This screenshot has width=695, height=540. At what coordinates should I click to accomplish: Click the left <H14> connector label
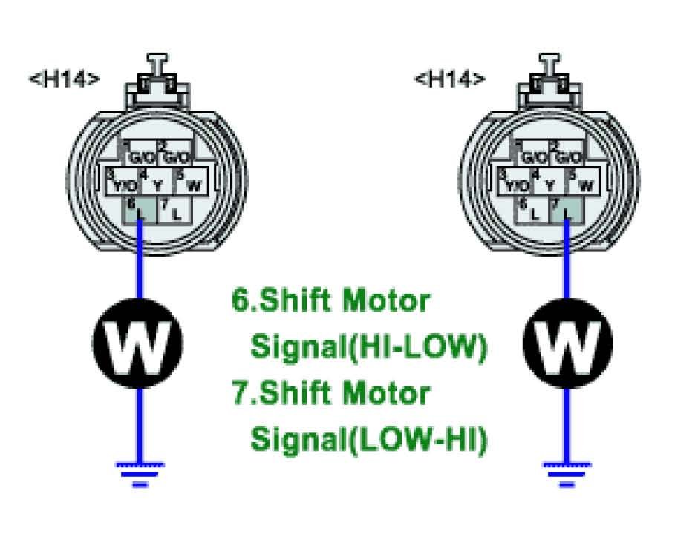(64, 79)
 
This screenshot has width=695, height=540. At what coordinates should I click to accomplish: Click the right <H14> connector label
(450, 79)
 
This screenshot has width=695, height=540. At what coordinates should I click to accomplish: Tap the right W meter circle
(568, 343)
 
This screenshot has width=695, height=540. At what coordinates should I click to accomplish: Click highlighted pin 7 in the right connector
(565, 210)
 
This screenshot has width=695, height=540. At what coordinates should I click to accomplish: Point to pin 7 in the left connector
(174, 210)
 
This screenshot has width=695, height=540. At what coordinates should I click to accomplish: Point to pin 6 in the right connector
(530, 210)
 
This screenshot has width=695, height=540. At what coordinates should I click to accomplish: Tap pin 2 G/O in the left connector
(174, 155)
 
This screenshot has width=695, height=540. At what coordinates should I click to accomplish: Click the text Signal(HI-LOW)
(369, 347)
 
